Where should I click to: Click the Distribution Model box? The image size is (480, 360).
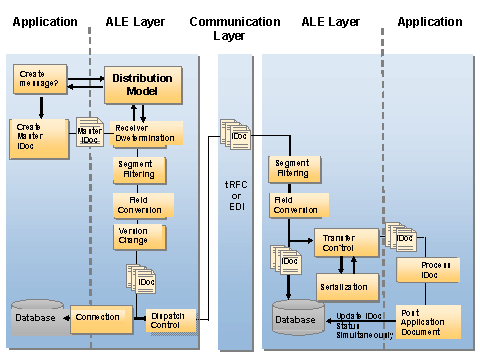[x=141, y=84]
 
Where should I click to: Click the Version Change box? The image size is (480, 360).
[x=138, y=237]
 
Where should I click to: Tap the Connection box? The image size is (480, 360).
[x=98, y=317]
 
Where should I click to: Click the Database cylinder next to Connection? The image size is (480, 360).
[x=38, y=316]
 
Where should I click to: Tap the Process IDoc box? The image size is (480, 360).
[x=426, y=270]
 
